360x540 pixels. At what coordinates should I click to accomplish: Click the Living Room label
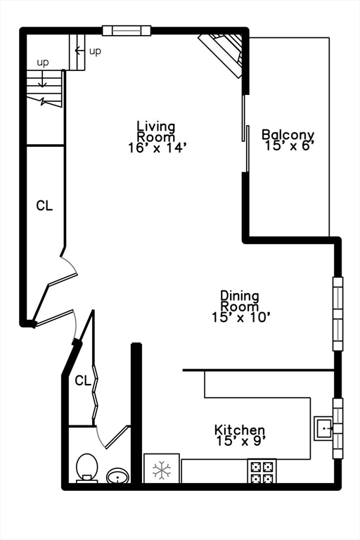tap(156, 131)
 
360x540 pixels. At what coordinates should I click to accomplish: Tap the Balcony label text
tap(288, 134)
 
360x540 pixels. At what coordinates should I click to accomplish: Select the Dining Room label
tap(240, 301)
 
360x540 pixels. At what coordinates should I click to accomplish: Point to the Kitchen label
tap(240, 430)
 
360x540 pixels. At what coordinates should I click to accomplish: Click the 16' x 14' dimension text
tap(156, 148)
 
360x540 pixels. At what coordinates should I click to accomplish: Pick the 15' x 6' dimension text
tap(288, 146)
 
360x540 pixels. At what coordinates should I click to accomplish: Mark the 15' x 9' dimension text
tap(240, 441)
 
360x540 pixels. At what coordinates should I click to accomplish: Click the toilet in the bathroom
tap(86, 467)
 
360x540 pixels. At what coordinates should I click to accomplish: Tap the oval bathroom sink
tap(117, 476)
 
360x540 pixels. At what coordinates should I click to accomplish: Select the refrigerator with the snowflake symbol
tap(162, 469)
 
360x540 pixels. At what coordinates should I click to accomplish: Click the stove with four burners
tap(262, 471)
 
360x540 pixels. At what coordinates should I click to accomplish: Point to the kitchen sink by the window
tap(324, 427)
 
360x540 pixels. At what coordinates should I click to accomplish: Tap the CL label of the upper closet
tap(44, 206)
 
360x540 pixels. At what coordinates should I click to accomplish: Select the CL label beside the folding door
tap(83, 380)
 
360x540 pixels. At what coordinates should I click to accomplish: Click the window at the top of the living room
tap(127, 30)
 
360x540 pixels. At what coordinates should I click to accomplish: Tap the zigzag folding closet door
tap(96, 397)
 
